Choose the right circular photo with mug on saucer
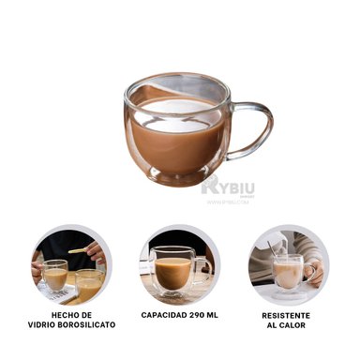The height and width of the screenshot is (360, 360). point(289,263)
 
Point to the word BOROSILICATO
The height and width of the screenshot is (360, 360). point(86,325)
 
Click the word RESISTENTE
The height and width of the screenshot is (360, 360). point(286,315)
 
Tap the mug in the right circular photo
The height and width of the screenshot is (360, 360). point(289,272)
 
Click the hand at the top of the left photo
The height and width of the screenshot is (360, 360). point(95,250)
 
